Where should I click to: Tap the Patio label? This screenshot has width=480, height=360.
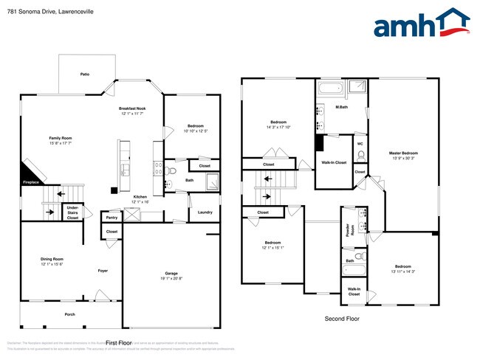(x=86, y=75)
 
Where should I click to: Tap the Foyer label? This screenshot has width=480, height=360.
(x=103, y=271)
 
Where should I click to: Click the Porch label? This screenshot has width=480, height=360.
(x=70, y=314)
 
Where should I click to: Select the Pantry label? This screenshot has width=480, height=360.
(x=112, y=218)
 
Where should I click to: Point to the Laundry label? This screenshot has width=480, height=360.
(x=205, y=212)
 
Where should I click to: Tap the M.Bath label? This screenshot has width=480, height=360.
(x=342, y=108)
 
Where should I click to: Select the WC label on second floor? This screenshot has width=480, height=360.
(x=360, y=144)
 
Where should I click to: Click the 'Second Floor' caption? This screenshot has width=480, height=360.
(x=342, y=319)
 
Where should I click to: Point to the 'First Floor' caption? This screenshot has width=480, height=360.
(x=118, y=343)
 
